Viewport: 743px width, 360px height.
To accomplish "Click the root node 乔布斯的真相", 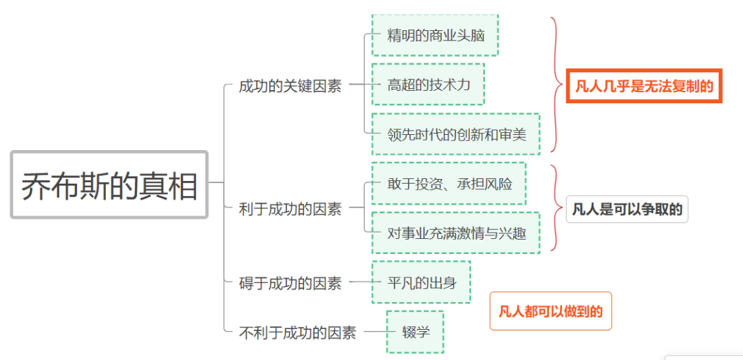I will [x=109, y=185].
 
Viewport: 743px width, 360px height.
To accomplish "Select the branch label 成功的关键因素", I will [x=290, y=86].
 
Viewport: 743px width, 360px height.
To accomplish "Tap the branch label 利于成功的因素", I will [x=290, y=209].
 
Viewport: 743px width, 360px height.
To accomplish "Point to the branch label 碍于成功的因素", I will [x=290, y=282].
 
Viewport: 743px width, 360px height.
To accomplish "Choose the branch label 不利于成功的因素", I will [x=297, y=332].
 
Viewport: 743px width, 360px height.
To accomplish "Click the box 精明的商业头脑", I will [x=435, y=35].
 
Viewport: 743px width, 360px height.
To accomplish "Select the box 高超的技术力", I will [x=428, y=85].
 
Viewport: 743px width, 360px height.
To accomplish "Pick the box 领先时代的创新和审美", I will [x=455, y=134].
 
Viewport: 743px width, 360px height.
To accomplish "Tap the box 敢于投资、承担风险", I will [x=449, y=184].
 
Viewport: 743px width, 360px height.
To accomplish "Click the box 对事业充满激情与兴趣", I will [x=455, y=233].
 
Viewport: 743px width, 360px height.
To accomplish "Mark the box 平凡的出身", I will [x=421, y=282].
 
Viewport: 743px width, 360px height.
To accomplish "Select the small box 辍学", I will [x=415, y=332].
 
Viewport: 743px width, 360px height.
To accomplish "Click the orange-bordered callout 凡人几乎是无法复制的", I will [x=644, y=86].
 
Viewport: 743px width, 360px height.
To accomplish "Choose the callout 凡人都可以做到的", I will [x=550, y=311].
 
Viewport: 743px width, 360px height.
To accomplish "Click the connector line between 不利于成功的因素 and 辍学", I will [x=375, y=332].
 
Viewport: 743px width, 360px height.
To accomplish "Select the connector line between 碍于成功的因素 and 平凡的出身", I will [x=360, y=282].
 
